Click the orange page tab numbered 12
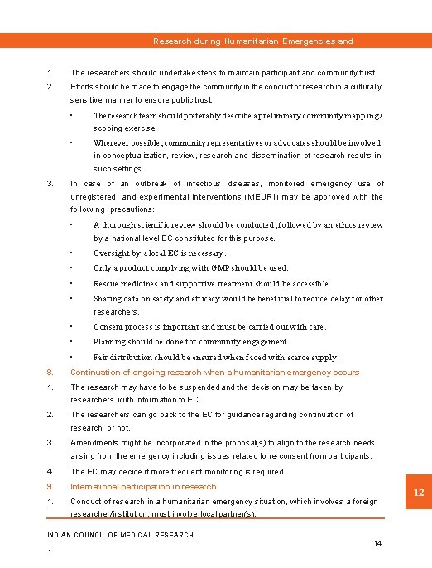pos(419,493)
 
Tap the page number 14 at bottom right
pos(377,543)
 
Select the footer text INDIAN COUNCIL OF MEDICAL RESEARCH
pos(121,535)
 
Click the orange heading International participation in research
pos(143,487)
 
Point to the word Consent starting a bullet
pos(109,327)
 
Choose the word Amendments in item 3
pos(96,443)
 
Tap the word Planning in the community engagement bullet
pos(110,342)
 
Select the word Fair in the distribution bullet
pos(100,358)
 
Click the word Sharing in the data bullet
pos(108,298)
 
